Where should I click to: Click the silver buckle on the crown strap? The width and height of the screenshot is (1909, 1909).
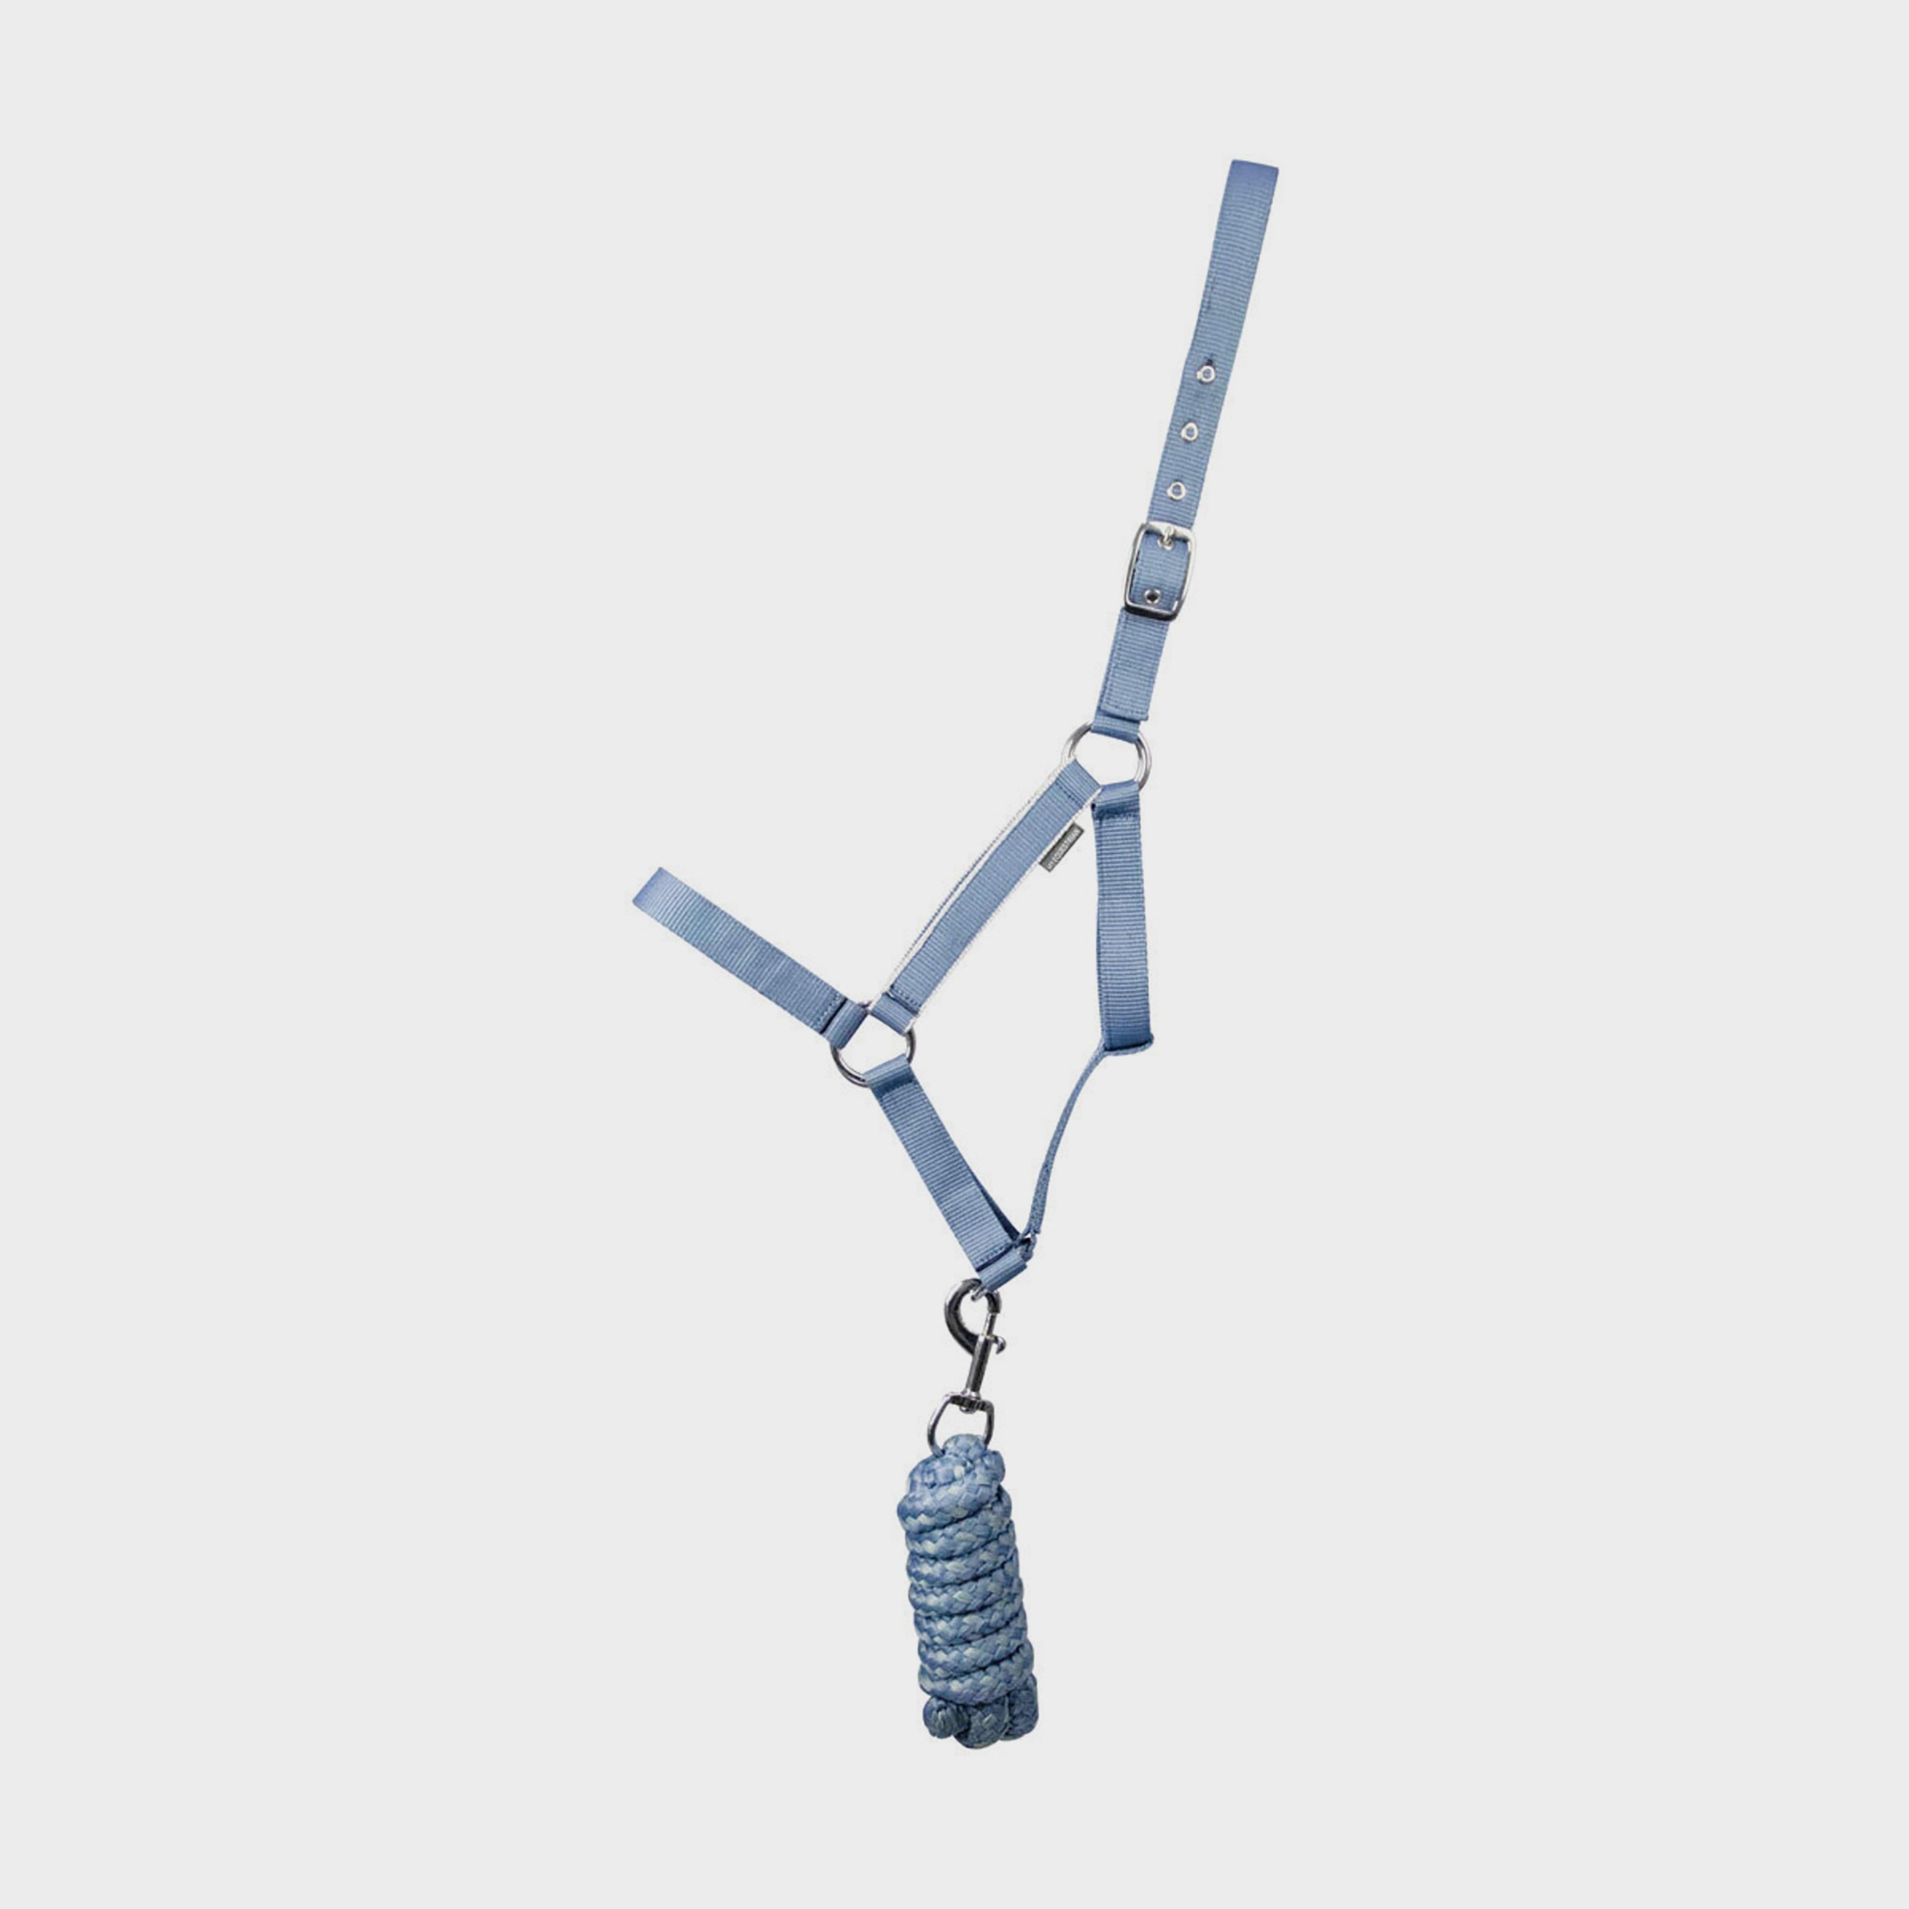(1158, 571)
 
